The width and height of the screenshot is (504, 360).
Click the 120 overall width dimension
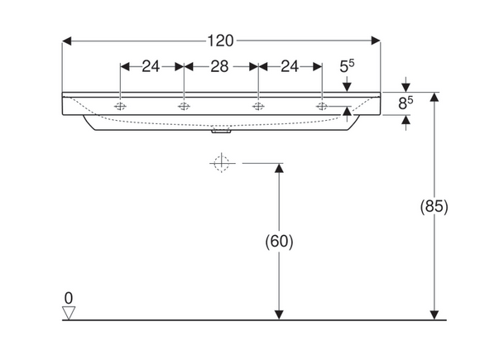[219, 40]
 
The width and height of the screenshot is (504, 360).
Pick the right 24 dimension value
[290, 67]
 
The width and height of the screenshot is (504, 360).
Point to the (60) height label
[279, 242]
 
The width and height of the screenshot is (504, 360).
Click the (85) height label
[434, 207]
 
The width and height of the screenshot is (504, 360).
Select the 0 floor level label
[70, 297]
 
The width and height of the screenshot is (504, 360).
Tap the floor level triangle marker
[70, 313]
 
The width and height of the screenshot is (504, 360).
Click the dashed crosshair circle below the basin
[221, 164]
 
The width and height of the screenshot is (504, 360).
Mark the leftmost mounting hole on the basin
[121, 107]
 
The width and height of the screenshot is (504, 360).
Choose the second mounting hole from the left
[184, 107]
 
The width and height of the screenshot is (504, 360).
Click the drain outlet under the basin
[221, 130]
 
